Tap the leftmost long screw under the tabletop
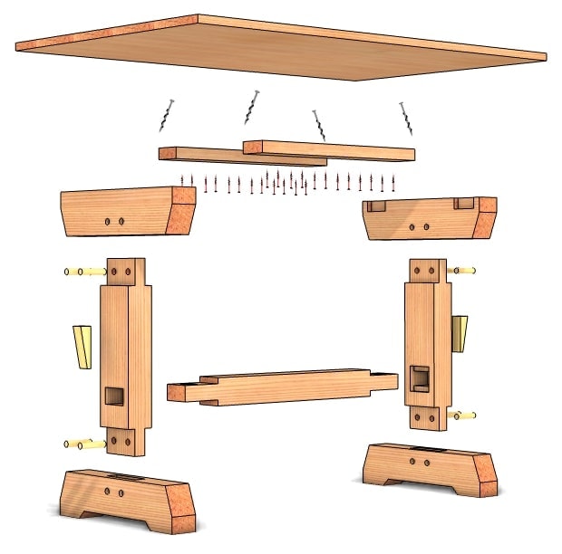pyautogui.click(x=167, y=117)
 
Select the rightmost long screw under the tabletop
pyautogui.click(x=406, y=119)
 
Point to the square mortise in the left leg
pyautogui.click(x=115, y=395)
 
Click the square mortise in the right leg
pyautogui.click(x=419, y=377)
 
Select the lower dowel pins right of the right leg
pyautogui.click(x=461, y=416)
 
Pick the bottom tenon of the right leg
pyautogui.click(x=425, y=417)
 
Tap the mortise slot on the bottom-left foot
pyautogui.click(x=128, y=476)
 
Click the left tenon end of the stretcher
pyautogui.click(x=187, y=393)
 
